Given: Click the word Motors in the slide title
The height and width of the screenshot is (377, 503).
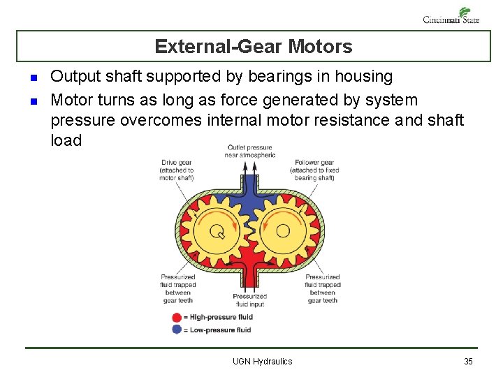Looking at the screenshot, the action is (x=321, y=47).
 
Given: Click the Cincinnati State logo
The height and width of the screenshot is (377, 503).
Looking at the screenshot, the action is (x=451, y=15).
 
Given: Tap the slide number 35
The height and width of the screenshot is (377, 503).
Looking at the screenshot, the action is (x=468, y=361).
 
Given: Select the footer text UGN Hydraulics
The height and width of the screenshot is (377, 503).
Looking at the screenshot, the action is (x=262, y=361).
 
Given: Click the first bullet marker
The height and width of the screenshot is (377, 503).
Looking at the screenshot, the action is (x=33, y=77).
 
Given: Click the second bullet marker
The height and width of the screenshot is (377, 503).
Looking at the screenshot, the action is (x=33, y=101).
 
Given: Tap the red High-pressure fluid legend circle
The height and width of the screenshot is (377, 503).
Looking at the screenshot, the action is (x=176, y=318).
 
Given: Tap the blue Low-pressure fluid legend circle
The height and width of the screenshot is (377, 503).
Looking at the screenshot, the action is (x=176, y=330).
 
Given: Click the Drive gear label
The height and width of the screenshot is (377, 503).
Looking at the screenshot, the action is (x=177, y=170).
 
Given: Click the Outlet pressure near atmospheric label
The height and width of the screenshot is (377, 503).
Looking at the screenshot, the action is (x=249, y=151).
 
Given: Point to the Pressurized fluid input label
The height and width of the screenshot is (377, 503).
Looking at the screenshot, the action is (x=249, y=300).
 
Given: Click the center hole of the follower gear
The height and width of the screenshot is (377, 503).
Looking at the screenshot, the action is (x=283, y=231).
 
